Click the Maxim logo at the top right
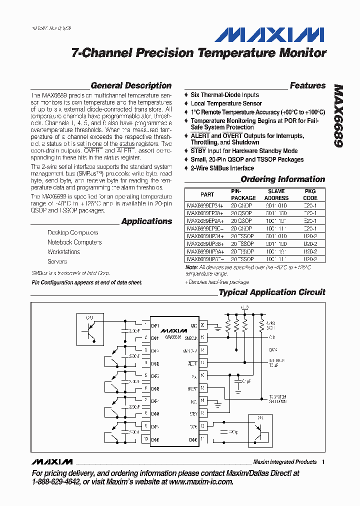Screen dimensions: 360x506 (x=269, y=34)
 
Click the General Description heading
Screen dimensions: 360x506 (x=131, y=85)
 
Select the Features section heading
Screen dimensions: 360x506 (x=307, y=85)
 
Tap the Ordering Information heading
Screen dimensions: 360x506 (x=282, y=179)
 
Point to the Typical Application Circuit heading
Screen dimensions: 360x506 (x=272, y=292)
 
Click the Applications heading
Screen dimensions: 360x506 (x=146, y=221)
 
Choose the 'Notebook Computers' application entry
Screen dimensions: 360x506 (x=74, y=242)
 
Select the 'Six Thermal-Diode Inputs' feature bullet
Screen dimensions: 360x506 (x=224, y=94)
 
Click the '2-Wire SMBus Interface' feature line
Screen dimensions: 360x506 (x=222, y=168)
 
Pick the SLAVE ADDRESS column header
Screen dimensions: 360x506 (x=276, y=194)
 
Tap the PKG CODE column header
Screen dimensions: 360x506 (x=310, y=194)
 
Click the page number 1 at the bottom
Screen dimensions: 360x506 (x=323, y=462)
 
